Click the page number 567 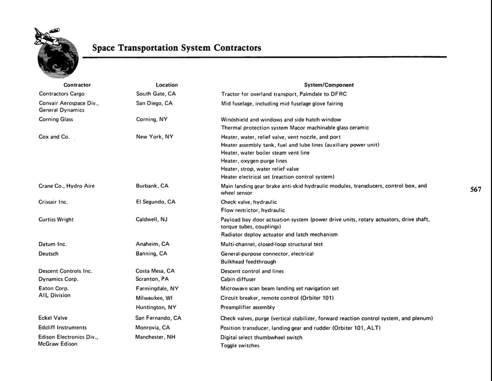476,189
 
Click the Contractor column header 77,85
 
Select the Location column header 167,85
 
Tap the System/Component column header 329,85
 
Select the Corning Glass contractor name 56,119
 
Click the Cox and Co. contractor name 54,137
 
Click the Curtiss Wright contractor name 56,219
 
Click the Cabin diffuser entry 238,279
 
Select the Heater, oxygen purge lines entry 254,161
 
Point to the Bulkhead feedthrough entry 248,262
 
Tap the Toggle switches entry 240,346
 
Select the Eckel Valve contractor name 53,318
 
